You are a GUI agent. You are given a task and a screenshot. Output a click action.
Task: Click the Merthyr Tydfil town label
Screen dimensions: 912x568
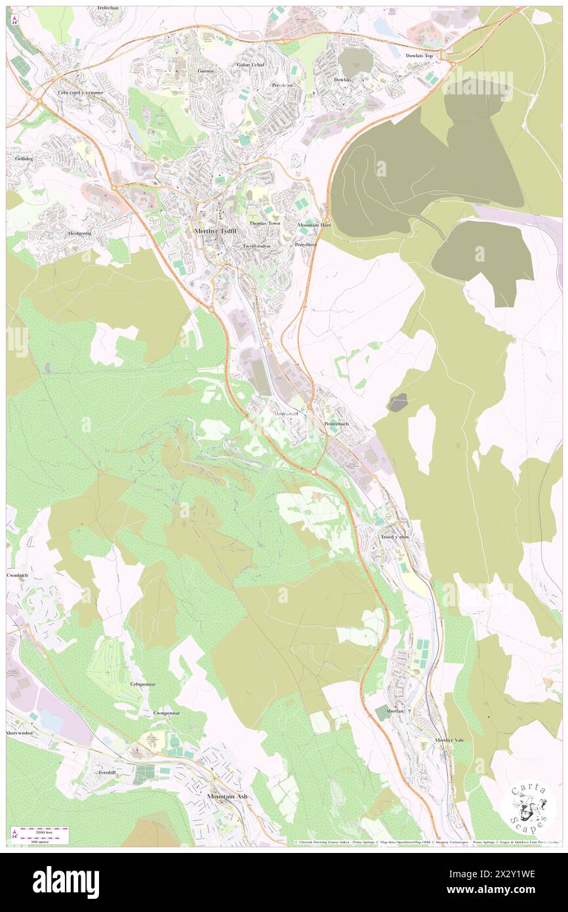(x=214, y=231)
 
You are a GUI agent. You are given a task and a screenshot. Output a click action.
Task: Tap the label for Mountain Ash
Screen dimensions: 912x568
(x=227, y=796)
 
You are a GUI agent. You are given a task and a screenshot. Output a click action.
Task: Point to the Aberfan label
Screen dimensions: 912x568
(x=386, y=711)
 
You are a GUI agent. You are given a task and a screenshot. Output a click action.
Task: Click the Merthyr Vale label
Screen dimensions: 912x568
(x=449, y=740)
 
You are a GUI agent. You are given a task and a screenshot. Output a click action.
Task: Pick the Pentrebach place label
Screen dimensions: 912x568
(x=336, y=425)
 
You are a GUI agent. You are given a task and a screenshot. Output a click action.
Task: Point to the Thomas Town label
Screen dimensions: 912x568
(x=264, y=223)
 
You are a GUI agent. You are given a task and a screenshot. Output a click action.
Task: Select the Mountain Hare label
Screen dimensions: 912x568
(x=317, y=225)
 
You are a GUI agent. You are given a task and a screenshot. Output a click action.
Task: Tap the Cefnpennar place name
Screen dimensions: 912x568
(x=142, y=684)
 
